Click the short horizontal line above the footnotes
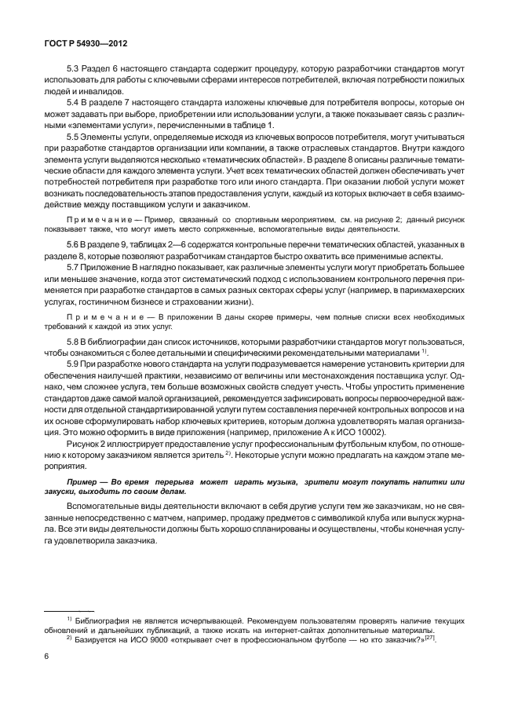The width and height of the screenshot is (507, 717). tap(68, 609)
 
